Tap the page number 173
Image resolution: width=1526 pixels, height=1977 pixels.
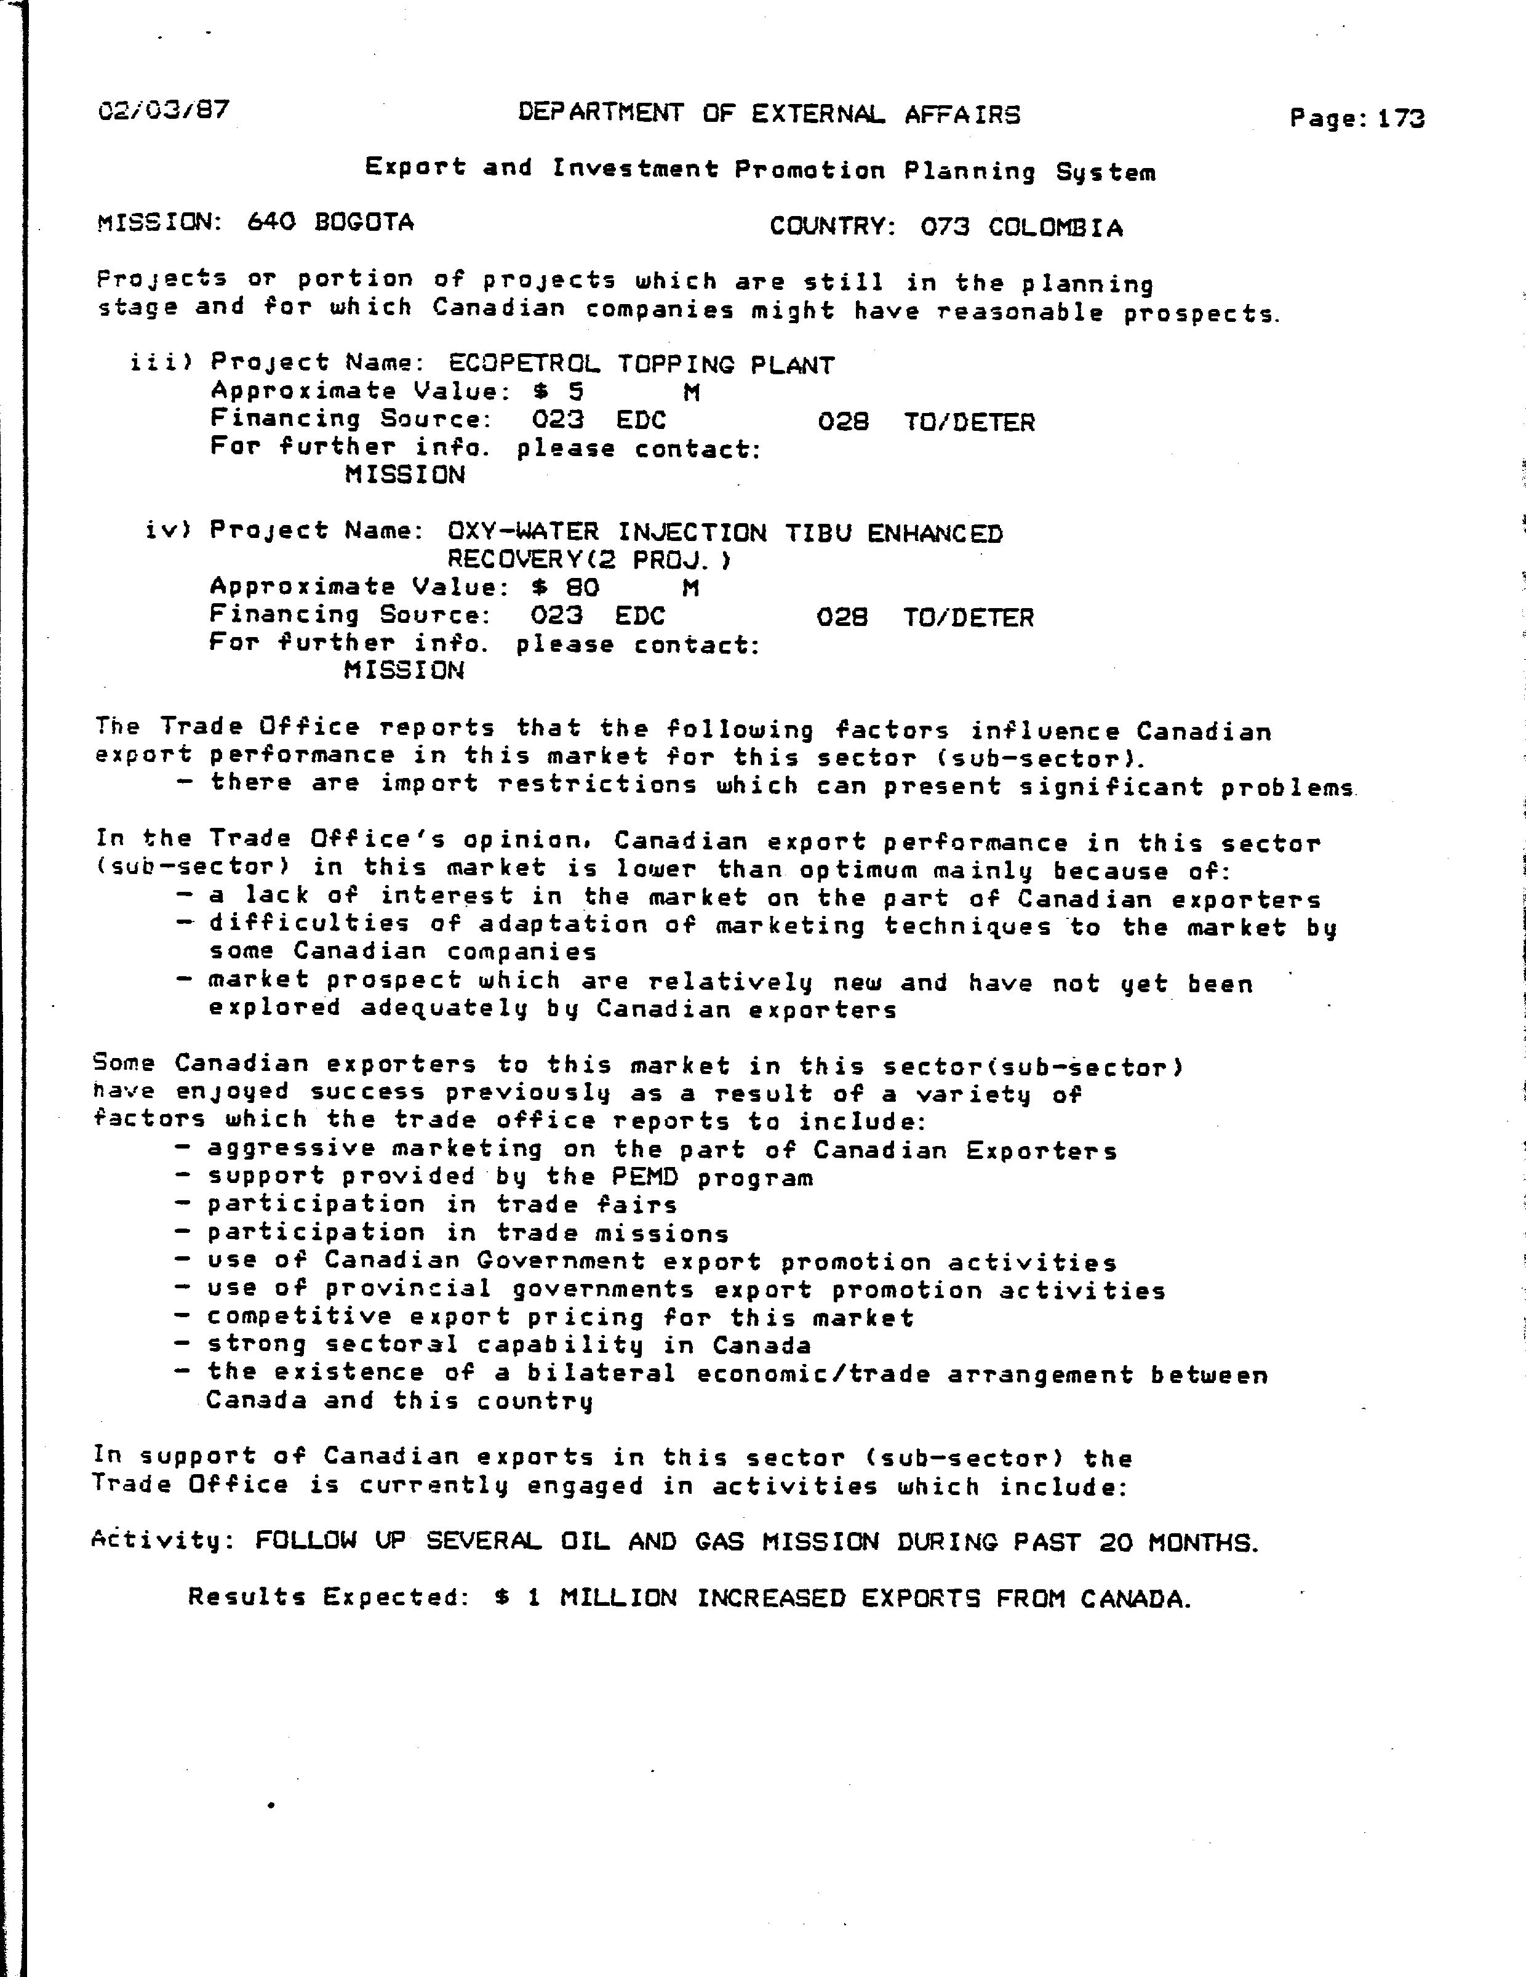click(1401, 119)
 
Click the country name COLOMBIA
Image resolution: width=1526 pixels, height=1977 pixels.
click(1055, 227)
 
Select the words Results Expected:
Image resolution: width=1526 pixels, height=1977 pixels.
click(326, 1597)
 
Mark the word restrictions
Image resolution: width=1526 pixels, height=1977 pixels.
click(597, 784)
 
